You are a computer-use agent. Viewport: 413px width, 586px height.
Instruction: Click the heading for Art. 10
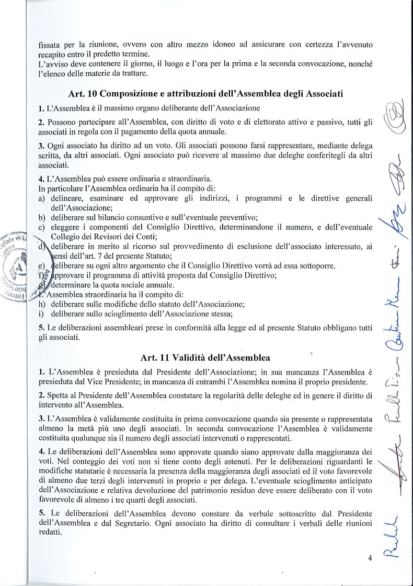tap(205, 94)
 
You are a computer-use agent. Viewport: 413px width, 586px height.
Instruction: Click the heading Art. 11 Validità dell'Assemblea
tap(205, 358)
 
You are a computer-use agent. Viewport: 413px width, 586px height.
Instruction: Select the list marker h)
tap(41, 304)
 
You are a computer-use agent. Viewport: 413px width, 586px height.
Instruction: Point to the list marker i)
tap(41, 314)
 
